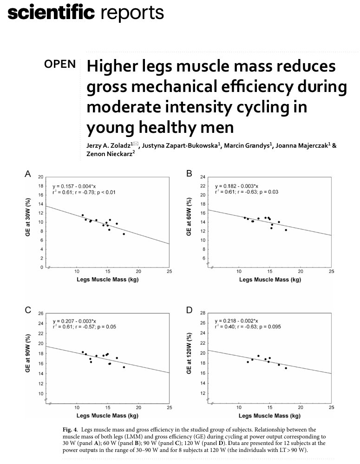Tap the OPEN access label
(x=60, y=64)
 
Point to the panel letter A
(x=28, y=174)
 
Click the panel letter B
(x=189, y=174)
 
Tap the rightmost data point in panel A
(x=124, y=234)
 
